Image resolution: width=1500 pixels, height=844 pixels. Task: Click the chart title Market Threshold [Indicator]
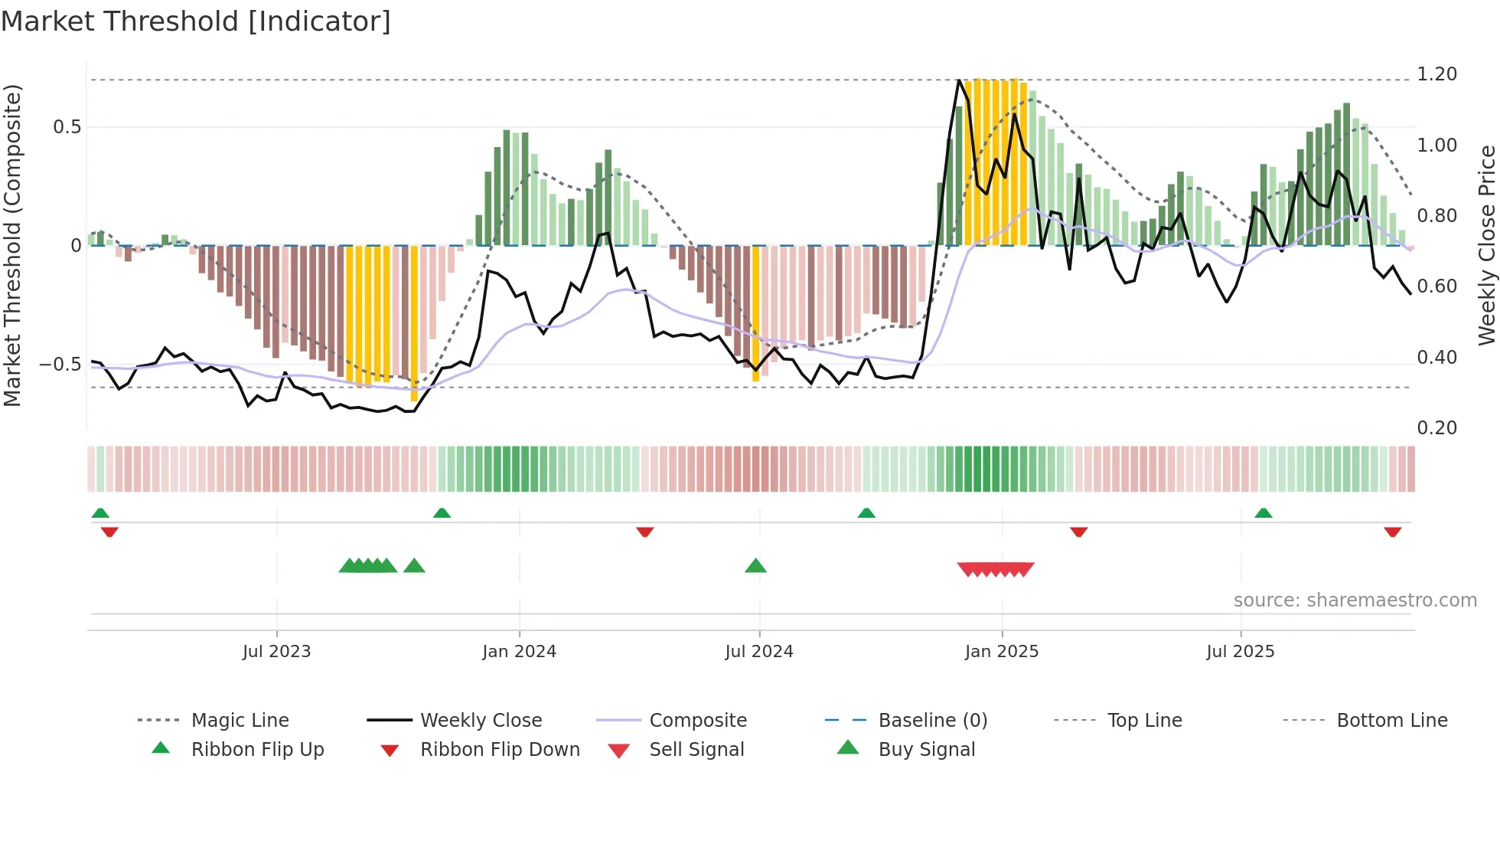click(196, 21)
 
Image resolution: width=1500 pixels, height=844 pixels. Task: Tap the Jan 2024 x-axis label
click(519, 652)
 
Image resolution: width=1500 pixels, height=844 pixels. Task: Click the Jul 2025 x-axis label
click(1240, 652)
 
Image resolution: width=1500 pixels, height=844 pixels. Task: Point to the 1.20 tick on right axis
click(1436, 74)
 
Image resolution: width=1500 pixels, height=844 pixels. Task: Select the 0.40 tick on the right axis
click(1436, 358)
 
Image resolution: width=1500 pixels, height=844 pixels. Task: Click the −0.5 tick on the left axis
click(60, 365)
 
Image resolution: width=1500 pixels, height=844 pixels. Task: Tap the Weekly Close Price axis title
click(1486, 245)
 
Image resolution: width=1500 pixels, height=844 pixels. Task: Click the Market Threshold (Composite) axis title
click(12, 245)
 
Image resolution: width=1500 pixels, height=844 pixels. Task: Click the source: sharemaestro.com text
click(1355, 600)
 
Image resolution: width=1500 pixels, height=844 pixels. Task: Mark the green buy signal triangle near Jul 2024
click(755, 566)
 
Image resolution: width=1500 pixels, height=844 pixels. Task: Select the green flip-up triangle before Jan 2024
click(442, 513)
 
